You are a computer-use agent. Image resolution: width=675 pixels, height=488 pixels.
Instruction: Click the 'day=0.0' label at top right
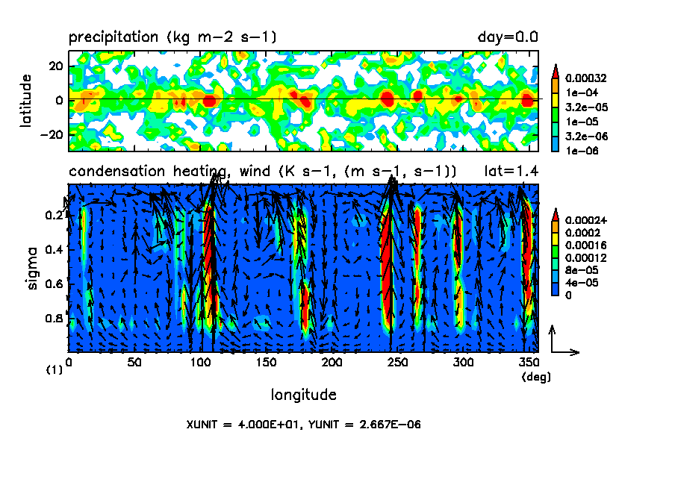click(x=508, y=37)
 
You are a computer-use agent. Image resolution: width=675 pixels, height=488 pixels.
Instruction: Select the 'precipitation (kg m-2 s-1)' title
click(x=174, y=37)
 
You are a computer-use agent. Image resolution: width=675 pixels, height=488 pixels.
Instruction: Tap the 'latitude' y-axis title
click(x=26, y=101)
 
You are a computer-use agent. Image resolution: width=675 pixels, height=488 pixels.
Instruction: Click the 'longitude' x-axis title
click(x=303, y=395)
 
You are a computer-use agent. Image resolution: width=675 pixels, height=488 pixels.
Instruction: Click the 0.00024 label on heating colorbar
click(x=588, y=220)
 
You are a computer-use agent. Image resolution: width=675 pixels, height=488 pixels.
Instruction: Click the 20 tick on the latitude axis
click(x=56, y=66)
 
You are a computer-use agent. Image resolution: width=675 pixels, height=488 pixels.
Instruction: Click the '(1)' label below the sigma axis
click(x=54, y=370)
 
